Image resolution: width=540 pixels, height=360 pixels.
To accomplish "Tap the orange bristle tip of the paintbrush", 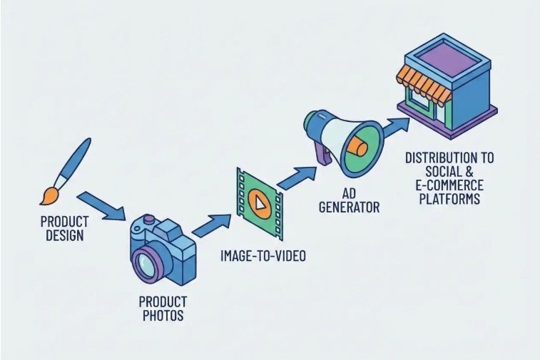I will coord(49,195).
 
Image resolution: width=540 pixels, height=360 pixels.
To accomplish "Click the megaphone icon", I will coord(342,140).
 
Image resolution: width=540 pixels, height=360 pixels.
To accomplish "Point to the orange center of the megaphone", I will coord(357,147).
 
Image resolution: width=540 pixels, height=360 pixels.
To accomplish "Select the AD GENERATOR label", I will coord(350,200).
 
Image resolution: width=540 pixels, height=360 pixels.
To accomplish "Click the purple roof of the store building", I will coord(443,51).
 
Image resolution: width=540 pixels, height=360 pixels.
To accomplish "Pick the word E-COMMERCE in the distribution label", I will coord(449,186).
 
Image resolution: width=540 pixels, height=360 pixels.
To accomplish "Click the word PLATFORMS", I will coord(449,199).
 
